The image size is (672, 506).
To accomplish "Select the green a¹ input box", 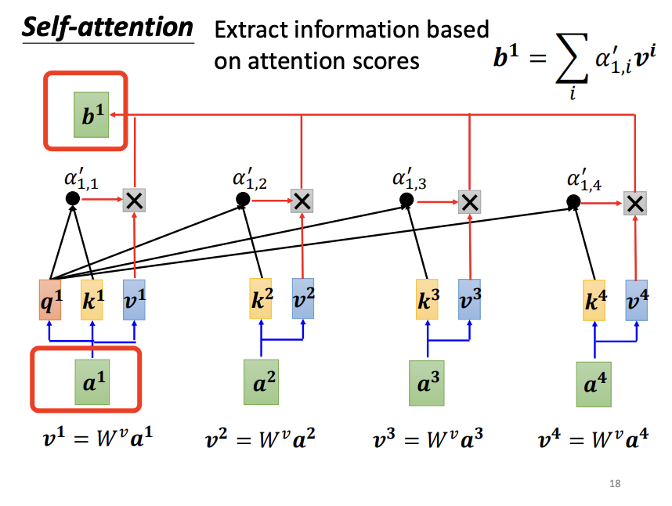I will click(x=92, y=382).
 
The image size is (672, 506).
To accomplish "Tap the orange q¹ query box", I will click(x=50, y=299).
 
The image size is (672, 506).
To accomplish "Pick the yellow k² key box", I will click(x=261, y=298).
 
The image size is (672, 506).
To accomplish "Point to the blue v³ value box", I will click(x=469, y=298).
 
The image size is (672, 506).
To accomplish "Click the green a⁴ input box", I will click(x=594, y=385).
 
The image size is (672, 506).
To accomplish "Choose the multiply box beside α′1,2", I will click(x=302, y=201).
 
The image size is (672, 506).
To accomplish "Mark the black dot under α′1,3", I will click(x=406, y=201).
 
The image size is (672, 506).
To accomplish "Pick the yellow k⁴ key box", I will click(x=594, y=299).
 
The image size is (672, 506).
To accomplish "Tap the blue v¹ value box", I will click(x=134, y=299).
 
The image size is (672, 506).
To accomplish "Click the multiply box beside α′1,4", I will click(x=636, y=204).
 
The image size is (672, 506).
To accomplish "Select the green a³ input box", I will click(x=427, y=383).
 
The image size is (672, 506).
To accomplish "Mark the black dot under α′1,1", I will click(x=72, y=199).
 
